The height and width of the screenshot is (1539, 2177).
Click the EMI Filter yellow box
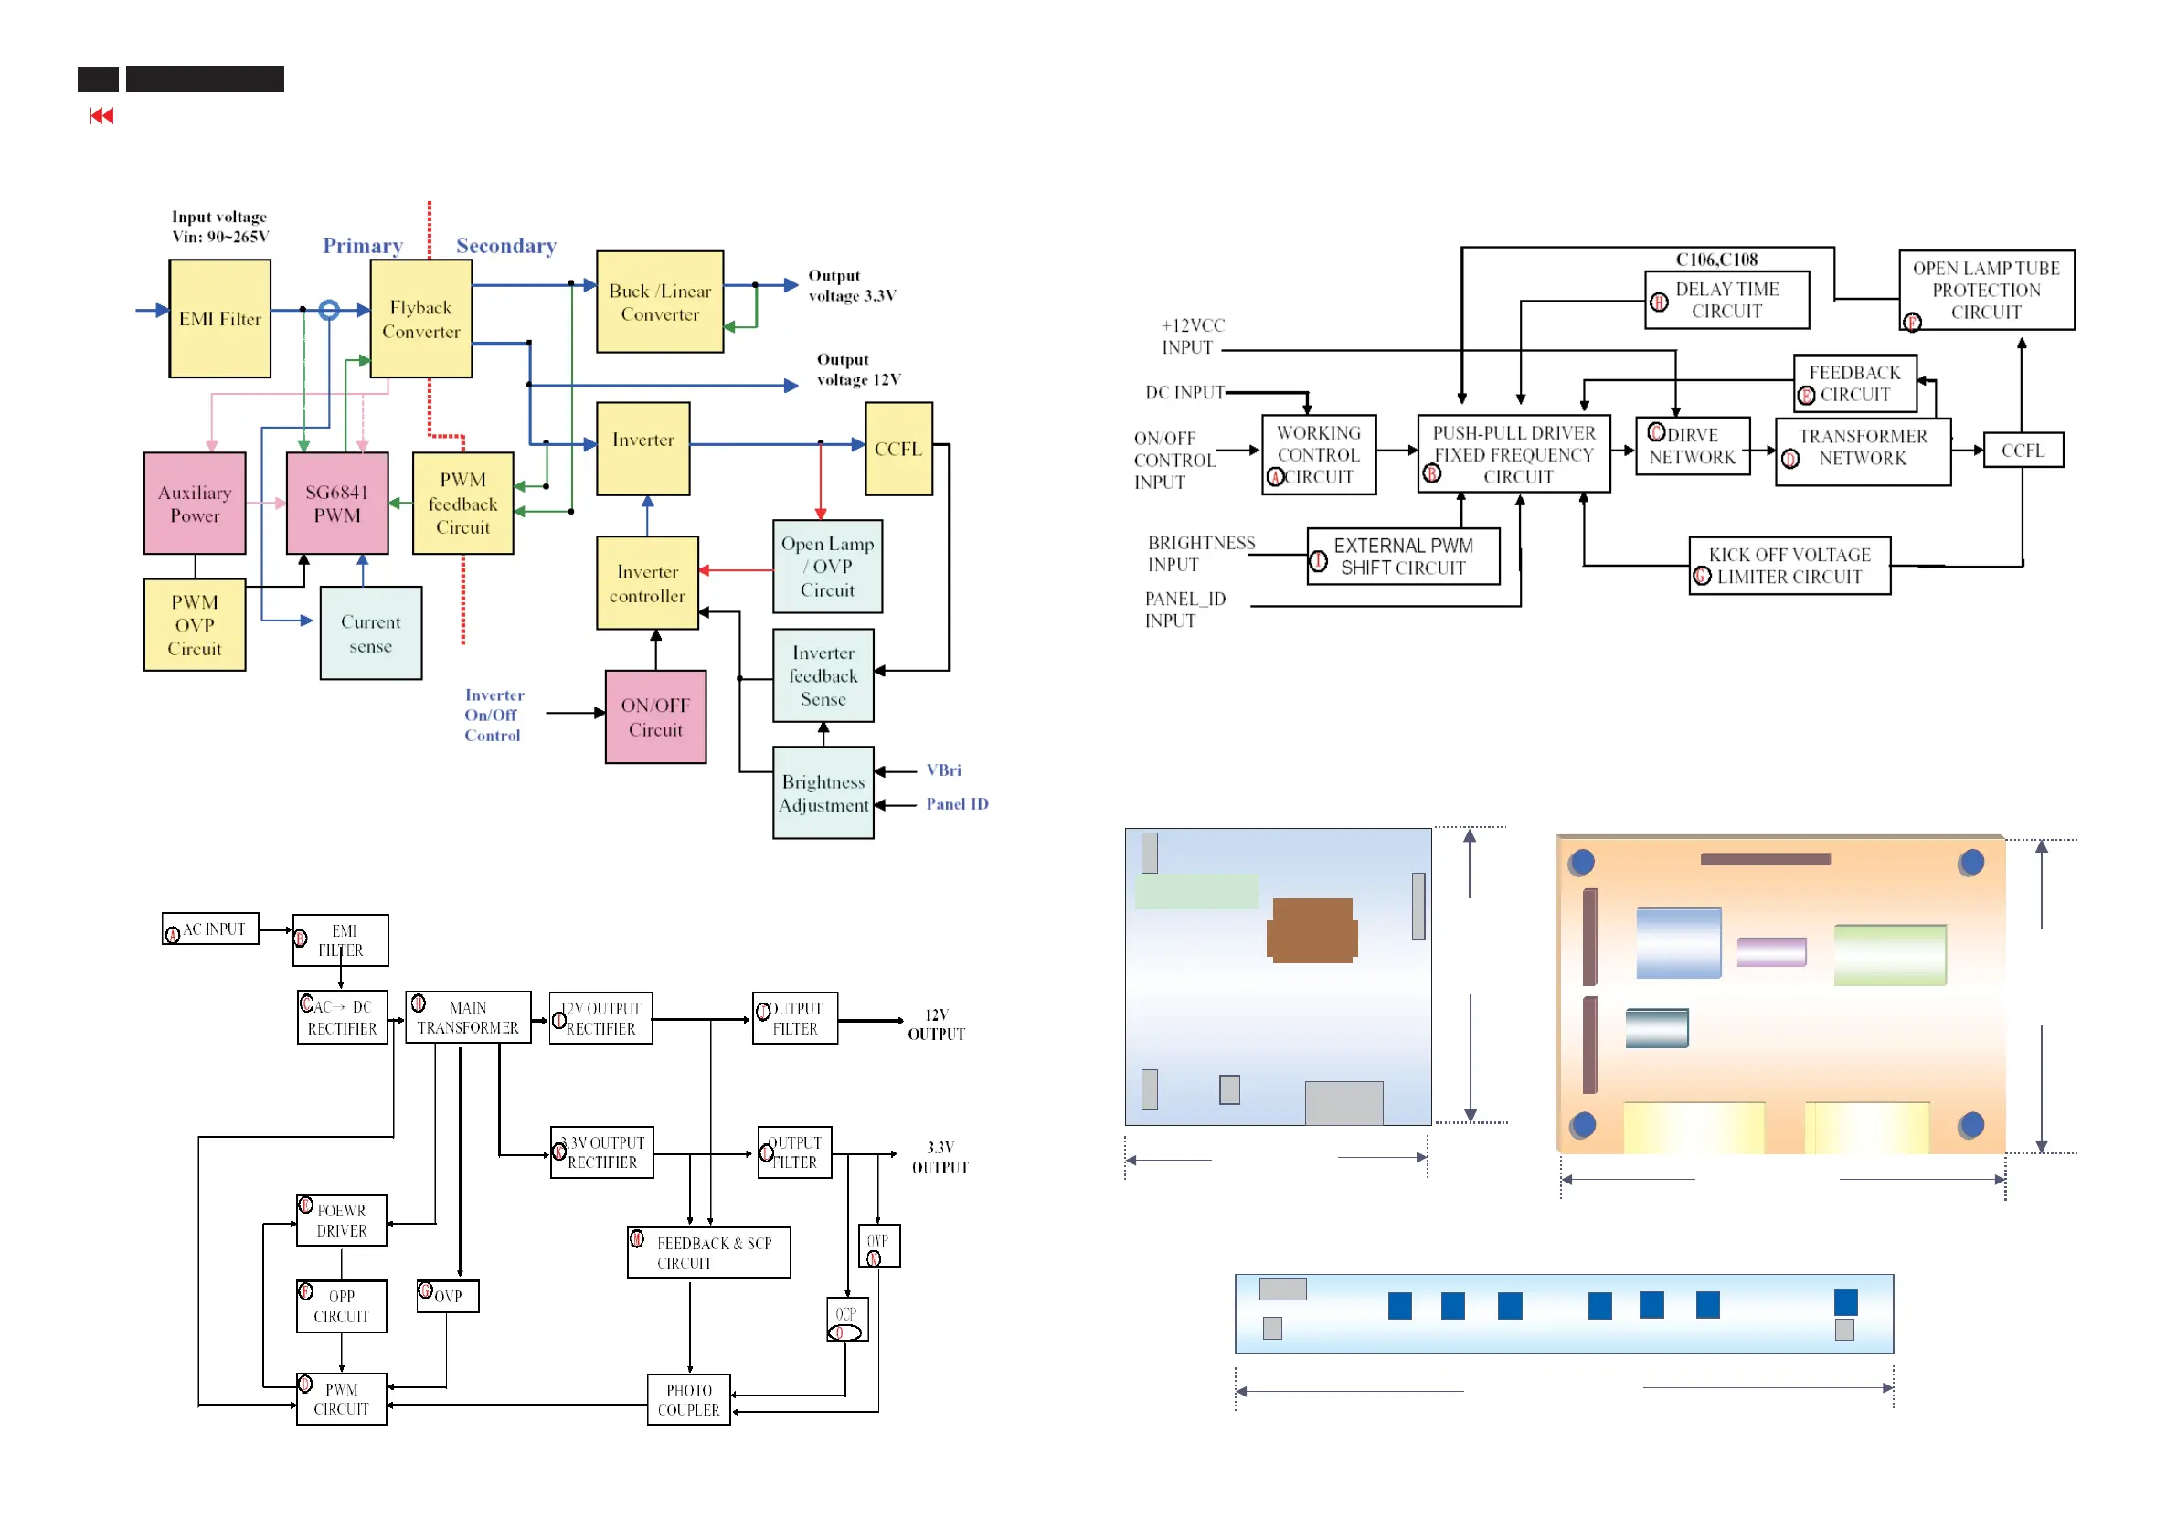pos(220,319)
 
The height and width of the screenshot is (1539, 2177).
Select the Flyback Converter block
pos(421,319)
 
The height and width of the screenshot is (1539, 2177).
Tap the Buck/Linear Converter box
pos(660,302)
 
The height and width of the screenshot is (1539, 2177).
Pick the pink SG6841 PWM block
pos(337,503)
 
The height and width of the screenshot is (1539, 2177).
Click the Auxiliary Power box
pos(195,503)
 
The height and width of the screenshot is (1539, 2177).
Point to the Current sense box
pos(371,632)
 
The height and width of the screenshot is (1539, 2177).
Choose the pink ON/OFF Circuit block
pos(655,716)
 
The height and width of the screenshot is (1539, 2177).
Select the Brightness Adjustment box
pos(823,792)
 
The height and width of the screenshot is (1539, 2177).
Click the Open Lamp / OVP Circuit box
pos(827,566)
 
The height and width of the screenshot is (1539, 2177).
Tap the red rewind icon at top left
pos(101,116)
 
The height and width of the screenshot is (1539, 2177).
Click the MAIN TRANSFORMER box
pos(469,1016)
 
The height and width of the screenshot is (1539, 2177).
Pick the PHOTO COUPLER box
pos(688,1399)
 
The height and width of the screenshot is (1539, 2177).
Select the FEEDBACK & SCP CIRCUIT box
pos(709,1252)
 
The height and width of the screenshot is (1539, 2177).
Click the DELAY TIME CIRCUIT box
pos(1726,300)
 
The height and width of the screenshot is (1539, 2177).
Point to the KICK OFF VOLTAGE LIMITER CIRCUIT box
pos(1789,565)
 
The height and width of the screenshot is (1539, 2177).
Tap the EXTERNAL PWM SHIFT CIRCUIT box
pos(1403,556)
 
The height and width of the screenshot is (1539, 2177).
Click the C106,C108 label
pos(1716,259)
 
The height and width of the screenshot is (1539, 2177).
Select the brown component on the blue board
pos(1312,930)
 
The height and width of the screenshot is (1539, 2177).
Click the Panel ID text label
pos(957,803)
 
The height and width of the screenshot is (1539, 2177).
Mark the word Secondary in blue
pos(506,246)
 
